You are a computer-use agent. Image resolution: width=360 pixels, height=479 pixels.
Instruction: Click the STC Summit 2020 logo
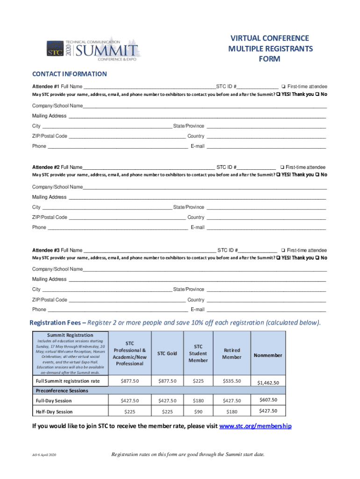point(93,49)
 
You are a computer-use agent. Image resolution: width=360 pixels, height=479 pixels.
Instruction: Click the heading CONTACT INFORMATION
point(69,74)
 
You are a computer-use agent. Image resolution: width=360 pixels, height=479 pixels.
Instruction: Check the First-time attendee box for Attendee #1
point(283,87)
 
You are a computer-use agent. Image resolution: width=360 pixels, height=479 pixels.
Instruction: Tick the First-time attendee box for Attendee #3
point(283,250)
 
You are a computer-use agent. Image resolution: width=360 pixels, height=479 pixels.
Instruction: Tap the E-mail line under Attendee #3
point(266,310)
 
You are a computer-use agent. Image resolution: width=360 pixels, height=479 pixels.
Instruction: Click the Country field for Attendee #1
point(266,136)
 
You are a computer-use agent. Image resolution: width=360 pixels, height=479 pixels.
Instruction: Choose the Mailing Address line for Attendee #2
point(197,197)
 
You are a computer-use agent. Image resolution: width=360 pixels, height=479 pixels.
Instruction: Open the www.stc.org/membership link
point(255,426)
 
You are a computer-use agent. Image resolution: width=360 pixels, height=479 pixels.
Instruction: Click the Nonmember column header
point(268,355)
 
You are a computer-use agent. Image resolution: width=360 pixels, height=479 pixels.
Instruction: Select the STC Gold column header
point(167,353)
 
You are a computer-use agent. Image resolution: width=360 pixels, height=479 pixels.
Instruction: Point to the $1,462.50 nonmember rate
point(268,383)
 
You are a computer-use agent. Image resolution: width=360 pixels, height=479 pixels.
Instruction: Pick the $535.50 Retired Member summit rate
point(232,381)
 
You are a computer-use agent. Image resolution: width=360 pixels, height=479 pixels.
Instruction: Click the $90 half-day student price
point(198,412)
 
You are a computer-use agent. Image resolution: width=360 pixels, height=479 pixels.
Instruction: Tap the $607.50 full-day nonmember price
point(268,400)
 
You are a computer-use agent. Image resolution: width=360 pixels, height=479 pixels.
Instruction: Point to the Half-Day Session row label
point(54,412)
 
